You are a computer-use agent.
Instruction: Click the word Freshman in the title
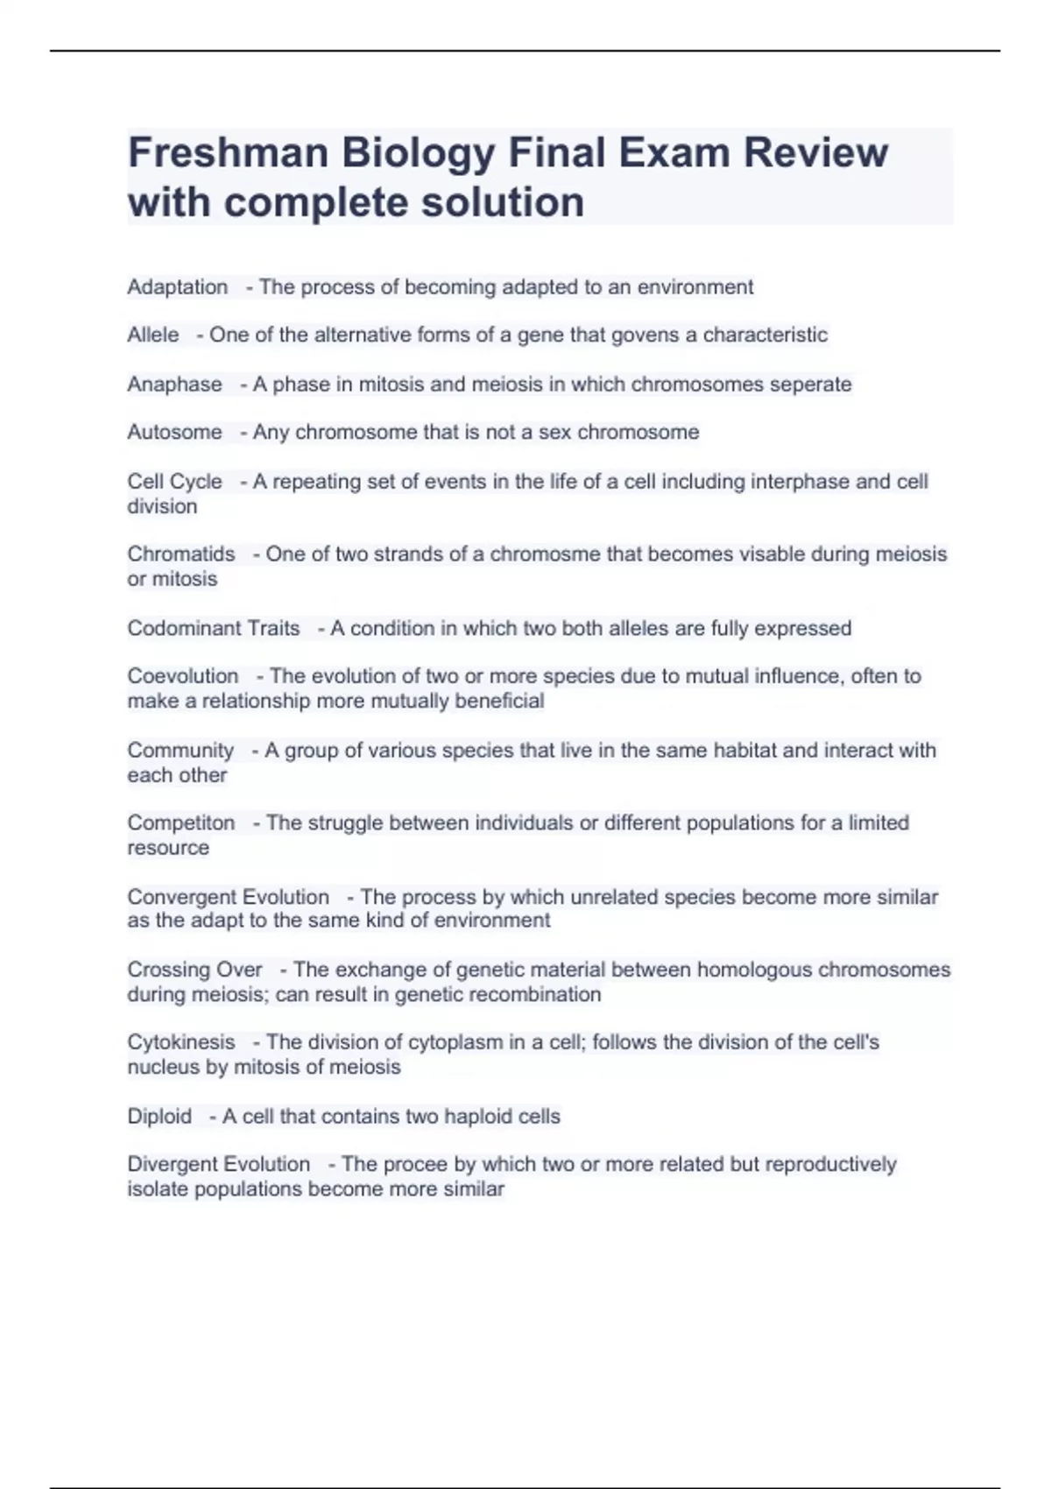click(227, 153)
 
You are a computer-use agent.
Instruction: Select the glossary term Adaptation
click(177, 287)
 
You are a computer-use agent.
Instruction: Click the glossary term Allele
click(153, 335)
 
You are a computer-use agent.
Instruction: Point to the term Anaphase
click(174, 385)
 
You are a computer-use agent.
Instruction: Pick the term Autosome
click(174, 433)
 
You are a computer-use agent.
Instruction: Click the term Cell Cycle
click(174, 482)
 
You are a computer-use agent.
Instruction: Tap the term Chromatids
click(181, 554)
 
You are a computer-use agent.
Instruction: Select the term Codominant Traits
click(213, 629)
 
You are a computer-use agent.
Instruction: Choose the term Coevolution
click(183, 676)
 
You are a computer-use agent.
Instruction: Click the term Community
click(180, 751)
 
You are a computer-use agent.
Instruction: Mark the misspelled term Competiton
click(181, 823)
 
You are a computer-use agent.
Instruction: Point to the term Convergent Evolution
click(228, 897)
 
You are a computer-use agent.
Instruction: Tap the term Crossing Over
click(194, 970)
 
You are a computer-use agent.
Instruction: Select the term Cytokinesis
click(181, 1042)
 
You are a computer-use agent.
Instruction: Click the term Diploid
click(159, 1117)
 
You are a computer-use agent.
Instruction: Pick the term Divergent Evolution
click(218, 1165)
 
